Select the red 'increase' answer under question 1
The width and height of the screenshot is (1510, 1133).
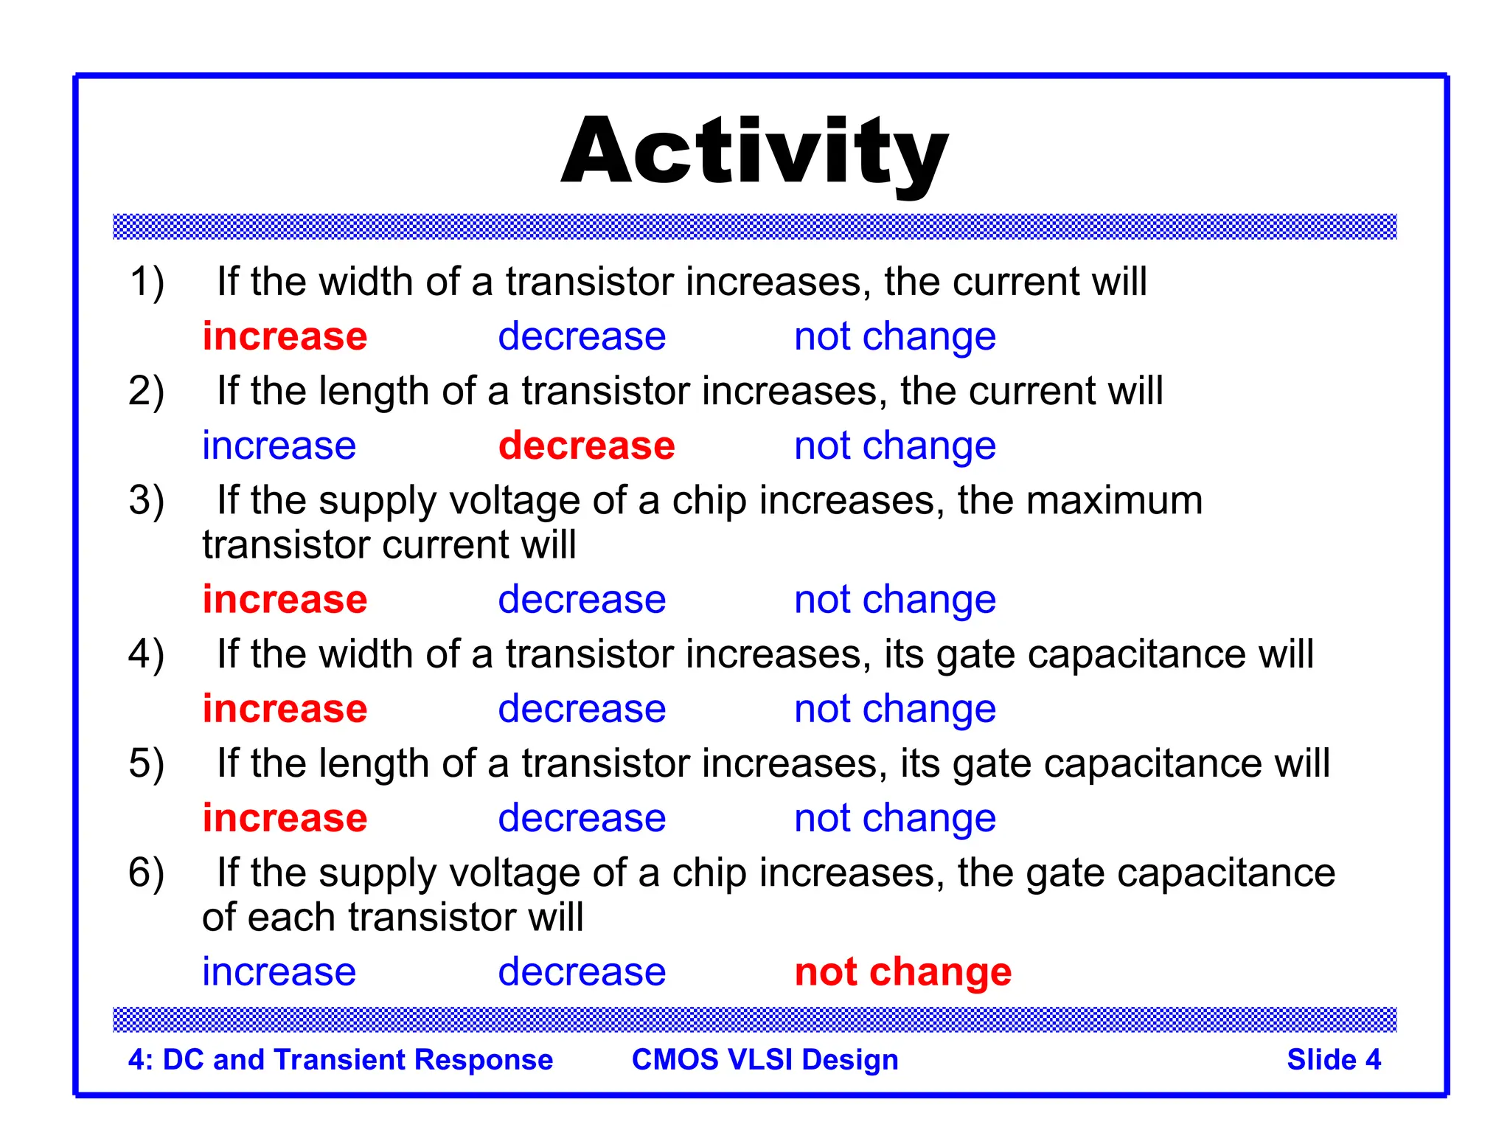(285, 337)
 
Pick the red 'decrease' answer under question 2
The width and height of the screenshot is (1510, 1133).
(586, 446)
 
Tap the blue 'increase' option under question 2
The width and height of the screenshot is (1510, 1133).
(279, 446)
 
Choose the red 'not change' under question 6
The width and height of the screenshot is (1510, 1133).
(902, 972)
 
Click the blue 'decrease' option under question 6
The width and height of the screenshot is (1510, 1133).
(582, 972)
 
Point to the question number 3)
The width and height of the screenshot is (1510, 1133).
(146, 501)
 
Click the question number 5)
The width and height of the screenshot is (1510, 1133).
(146, 763)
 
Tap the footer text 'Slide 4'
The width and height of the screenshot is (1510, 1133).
(1333, 1060)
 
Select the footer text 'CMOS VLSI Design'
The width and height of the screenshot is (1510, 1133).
(765, 1060)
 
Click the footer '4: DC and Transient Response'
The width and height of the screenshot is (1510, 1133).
(340, 1060)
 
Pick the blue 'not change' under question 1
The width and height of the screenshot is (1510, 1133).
(894, 337)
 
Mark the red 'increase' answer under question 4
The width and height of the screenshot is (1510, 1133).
(285, 710)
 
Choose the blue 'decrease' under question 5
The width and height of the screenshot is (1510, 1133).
(582, 819)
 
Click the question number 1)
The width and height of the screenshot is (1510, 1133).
(146, 282)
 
